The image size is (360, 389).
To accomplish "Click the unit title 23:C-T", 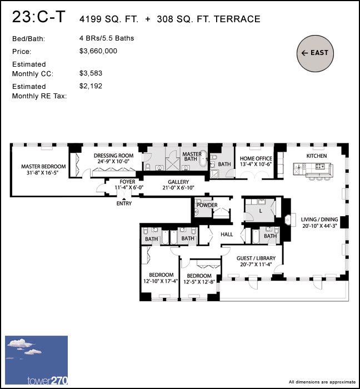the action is click(x=38, y=17).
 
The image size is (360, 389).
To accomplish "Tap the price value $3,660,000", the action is click(x=98, y=51).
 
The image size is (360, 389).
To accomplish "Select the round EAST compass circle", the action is click(x=316, y=53).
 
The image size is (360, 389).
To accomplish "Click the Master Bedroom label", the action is click(x=43, y=169).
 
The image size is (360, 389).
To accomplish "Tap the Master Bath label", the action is click(x=192, y=157).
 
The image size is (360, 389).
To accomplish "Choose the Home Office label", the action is click(x=254, y=161).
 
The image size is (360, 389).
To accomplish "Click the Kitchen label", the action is click(x=317, y=156).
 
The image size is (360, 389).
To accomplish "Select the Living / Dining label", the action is click(x=319, y=223).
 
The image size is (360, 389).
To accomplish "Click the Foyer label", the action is click(x=128, y=185).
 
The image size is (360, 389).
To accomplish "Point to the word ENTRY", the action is click(x=124, y=203).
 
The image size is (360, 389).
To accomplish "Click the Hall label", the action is click(x=227, y=235).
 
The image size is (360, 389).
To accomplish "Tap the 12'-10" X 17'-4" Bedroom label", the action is click(x=161, y=278).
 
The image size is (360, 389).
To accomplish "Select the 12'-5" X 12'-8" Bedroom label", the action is click(x=199, y=279).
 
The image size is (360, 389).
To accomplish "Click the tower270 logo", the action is click(x=36, y=361).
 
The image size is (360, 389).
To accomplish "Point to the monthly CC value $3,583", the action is click(x=91, y=73).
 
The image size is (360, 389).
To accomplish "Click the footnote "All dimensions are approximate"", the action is click(x=322, y=382).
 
